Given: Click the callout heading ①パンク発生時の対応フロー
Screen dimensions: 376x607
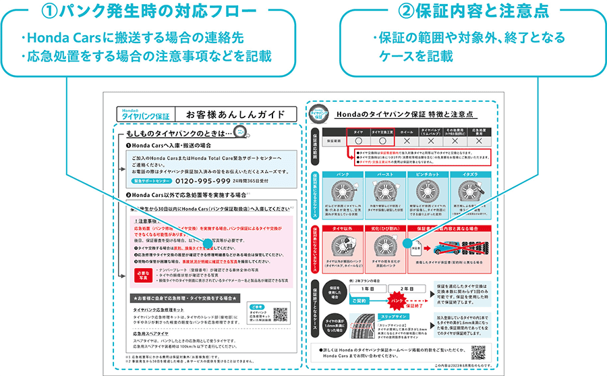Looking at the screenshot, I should [x=150, y=12].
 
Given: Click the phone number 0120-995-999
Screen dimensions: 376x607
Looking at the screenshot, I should [x=204, y=181].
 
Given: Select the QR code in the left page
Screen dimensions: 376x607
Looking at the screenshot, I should [x=280, y=315].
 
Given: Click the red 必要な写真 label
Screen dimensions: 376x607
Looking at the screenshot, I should [x=142, y=275].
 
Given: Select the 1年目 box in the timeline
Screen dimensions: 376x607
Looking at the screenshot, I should [x=359, y=288].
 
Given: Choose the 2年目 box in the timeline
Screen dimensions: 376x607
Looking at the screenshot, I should [x=403, y=288].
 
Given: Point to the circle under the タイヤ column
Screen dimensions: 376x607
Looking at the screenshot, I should [x=358, y=142].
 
